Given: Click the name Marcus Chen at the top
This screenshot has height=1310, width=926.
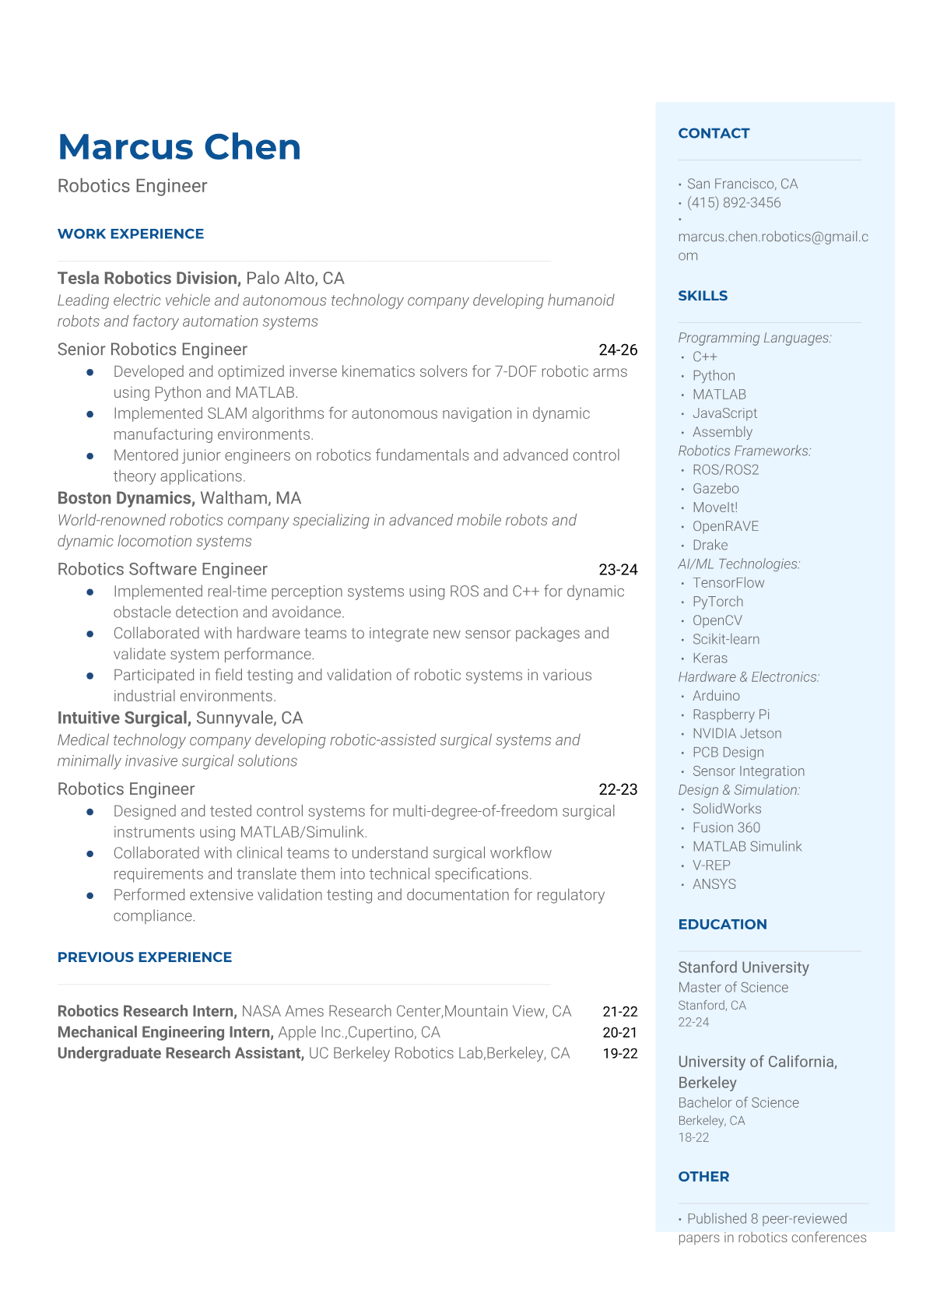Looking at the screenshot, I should pos(179,147).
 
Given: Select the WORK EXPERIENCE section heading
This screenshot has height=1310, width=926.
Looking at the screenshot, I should pos(131,234).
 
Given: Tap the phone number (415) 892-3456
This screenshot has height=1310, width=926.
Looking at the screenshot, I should pos(733,202).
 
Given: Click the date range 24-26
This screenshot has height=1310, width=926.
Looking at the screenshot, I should pos(618,350).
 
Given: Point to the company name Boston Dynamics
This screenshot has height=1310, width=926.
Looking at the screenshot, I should pos(125,498).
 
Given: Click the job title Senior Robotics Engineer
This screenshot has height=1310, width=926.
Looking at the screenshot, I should pos(153,349).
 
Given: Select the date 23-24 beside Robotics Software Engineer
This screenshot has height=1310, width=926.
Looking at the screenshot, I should pos(618,570).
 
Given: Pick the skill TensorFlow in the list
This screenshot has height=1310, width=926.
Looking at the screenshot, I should pos(728,583).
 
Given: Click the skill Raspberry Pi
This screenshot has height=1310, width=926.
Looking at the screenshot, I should pos(731,715).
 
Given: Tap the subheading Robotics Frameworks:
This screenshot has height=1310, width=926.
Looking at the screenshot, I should pos(744,451).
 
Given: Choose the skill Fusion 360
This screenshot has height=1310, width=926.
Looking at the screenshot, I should pos(726,827).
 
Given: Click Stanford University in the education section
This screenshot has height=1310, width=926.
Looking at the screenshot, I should pos(743,968).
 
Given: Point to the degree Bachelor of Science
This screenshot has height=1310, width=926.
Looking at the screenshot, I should pos(738,1103).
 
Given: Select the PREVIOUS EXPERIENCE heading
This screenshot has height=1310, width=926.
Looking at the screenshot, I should pos(145,957).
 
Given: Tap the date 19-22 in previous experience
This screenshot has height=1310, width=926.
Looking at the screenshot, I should pos(619,1053).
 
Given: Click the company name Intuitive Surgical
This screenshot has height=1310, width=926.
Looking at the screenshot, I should pos(123,718).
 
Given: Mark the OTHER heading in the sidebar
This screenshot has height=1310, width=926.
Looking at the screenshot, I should pos(703,1177).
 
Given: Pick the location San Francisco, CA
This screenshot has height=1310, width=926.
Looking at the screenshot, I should pos(742,184).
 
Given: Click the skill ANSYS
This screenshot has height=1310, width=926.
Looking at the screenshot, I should pos(714,884).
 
